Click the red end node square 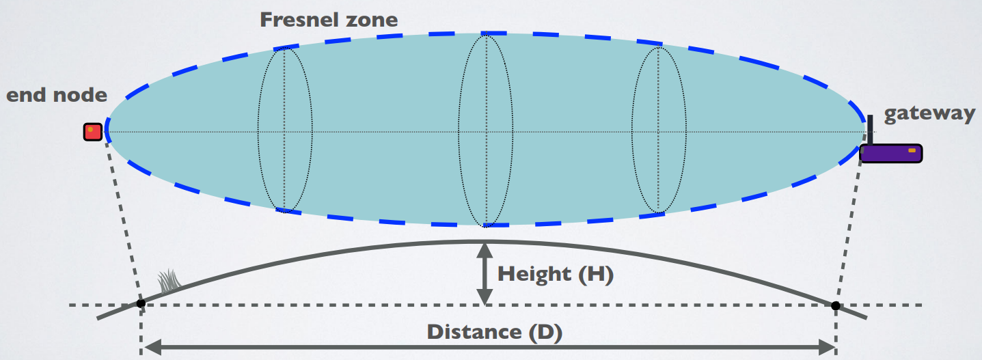(93, 131)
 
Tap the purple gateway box (890, 154)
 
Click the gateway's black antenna (871, 130)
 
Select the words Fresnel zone (329, 19)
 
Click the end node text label (57, 94)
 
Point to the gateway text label (929, 113)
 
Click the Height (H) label (556, 275)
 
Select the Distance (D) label (494, 333)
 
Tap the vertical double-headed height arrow (485, 273)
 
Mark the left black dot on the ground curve (141, 303)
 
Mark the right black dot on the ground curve (835, 305)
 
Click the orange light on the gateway (912, 150)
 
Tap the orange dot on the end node (90, 128)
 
